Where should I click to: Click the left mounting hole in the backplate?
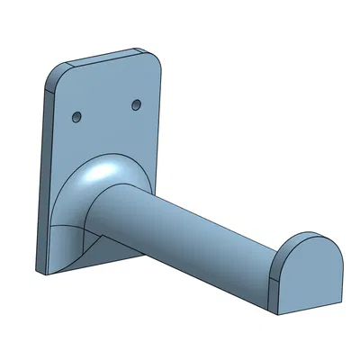coord(76,117)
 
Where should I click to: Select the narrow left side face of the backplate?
coord(45,180)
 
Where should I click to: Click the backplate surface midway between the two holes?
coord(107,112)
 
